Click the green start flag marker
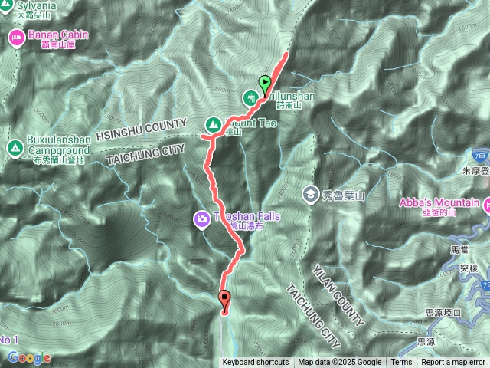click(x=266, y=83)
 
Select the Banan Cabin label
click(x=58, y=34)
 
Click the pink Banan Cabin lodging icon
click(x=15, y=35)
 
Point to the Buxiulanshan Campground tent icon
click(x=13, y=146)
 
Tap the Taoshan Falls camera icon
click(x=201, y=219)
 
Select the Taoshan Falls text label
click(x=246, y=217)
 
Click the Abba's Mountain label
click(x=439, y=203)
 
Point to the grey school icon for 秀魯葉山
click(x=310, y=193)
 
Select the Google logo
click(x=29, y=357)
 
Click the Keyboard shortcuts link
click(x=256, y=363)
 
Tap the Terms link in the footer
click(x=401, y=363)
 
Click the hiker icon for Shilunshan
click(x=250, y=97)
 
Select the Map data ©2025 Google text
click(x=340, y=363)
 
